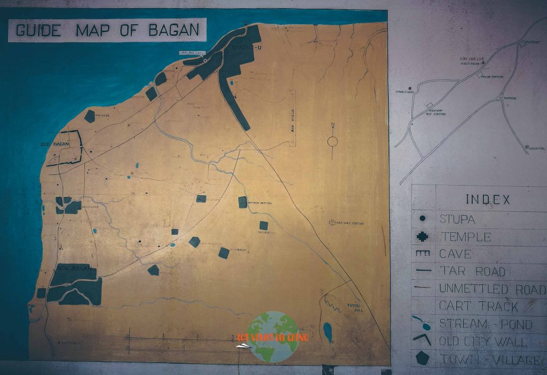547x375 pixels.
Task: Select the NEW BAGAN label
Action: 71,267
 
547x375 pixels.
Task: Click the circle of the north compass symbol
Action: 332,141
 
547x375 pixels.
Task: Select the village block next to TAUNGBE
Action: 89,116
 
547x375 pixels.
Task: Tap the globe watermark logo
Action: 273,337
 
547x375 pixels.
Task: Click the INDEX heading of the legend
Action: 488,200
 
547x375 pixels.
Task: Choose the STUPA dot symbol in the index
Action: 423,218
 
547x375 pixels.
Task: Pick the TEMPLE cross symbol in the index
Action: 423,236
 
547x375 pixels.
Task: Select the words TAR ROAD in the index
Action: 472,271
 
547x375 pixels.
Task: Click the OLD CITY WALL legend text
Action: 483,341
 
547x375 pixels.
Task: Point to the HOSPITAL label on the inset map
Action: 537,148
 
